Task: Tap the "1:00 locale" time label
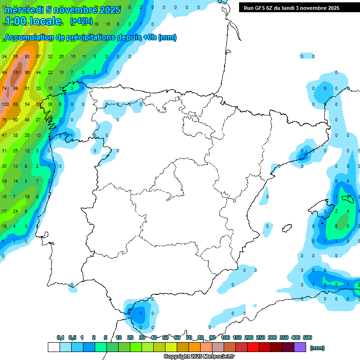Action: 33,21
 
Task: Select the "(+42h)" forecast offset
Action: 81,21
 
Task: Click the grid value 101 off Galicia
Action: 17,73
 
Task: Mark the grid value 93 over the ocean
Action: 27,57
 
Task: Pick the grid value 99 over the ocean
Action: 16,88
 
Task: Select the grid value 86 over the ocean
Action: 27,73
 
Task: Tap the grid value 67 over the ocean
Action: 38,57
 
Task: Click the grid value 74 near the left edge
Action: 4,88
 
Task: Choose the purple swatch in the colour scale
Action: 300,347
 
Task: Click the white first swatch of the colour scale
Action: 53,347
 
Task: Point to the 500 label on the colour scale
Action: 307,337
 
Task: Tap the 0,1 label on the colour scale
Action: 60,337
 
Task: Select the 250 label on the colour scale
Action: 260,337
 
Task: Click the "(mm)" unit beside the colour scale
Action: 317,348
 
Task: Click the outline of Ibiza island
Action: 285,229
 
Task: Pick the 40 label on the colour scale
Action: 154,337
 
